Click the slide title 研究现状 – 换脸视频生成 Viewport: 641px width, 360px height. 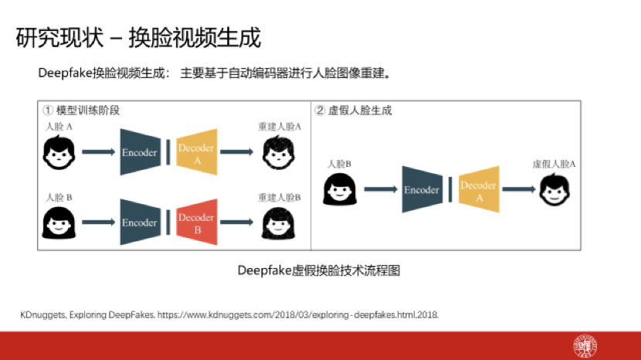pyautogui.click(x=139, y=37)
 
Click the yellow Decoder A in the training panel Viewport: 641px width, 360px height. pyautogui.click(x=196, y=152)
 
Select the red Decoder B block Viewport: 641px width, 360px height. pyautogui.click(x=196, y=222)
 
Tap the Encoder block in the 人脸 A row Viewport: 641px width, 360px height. pyautogui.click(x=139, y=152)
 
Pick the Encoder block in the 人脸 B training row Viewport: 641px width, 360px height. pyautogui.click(x=139, y=222)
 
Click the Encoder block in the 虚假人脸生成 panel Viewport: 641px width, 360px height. pyautogui.click(x=421, y=189)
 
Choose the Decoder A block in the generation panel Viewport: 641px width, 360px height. pyautogui.click(x=478, y=189)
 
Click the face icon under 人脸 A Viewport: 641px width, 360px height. pyautogui.click(x=59, y=152)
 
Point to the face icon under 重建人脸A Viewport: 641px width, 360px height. pyautogui.click(x=280, y=152)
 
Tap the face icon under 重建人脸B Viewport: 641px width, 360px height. pyautogui.click(x=280, y=222)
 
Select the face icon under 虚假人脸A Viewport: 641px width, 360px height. pyautogui.click(x=554, y=188)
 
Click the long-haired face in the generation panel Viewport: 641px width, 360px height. pyautogui.click(x=339, y=188)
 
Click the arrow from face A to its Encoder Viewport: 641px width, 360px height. pyautogui.click(x=99, y=152)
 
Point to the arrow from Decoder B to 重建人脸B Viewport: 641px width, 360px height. pyautogui.click(x=239, y=222)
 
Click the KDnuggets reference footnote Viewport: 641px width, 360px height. pyautogui.click(x=229, y=314)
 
